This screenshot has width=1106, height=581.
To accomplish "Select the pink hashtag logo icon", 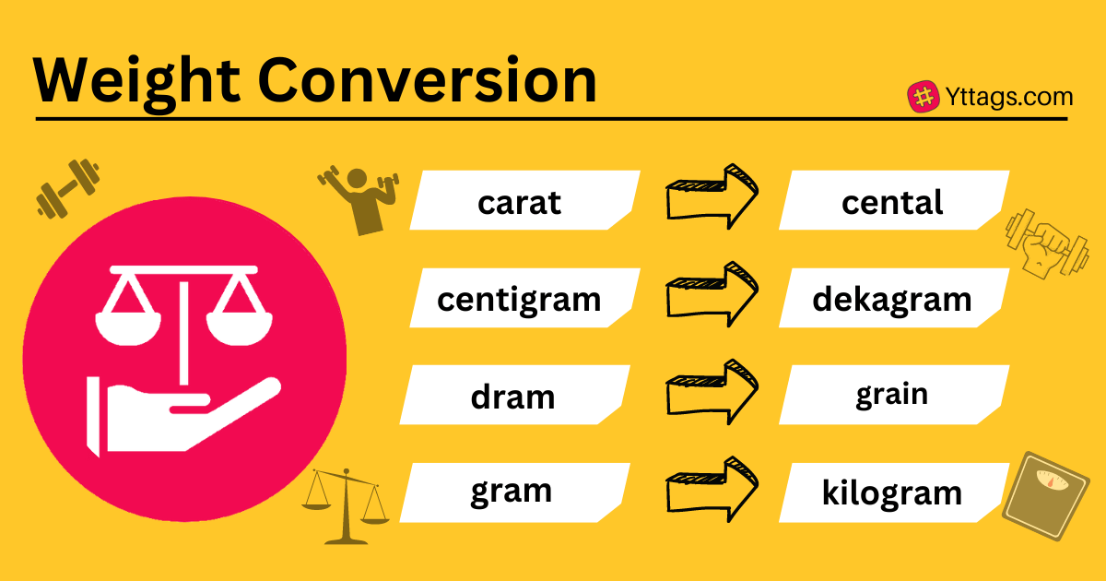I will click(x=924, y=98).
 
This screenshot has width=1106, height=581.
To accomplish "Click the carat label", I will click(x=519, y=202).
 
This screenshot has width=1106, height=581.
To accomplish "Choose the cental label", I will click(x=892, y=202).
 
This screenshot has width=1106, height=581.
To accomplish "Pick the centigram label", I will click(x=519, y=299).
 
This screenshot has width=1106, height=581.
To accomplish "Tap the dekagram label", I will click(x=892, y=299).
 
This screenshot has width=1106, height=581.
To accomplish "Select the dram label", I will click(x=512, y=396).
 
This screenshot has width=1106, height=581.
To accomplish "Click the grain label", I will click(x=892, y=395).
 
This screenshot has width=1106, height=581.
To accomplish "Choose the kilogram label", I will click(x=892, y=492).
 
